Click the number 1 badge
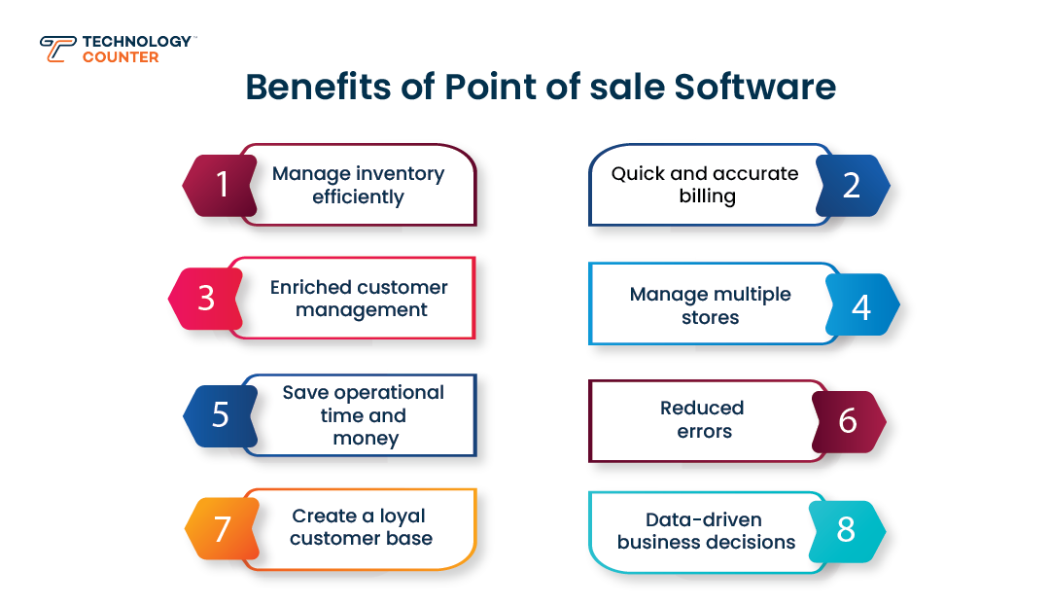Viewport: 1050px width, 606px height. point(221,185)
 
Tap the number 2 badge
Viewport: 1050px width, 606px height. point(852,185)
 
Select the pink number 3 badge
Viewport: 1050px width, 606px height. point(206,298)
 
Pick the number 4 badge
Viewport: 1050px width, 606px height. point(861,305)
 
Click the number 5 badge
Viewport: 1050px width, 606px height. point(221,415)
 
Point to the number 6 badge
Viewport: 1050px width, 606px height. point(848,421)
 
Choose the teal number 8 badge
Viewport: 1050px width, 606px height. point(847,530)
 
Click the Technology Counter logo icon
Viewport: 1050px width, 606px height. point(57,49)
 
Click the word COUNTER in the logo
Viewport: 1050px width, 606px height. point(121,57)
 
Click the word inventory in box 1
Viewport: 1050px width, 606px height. point(400,174)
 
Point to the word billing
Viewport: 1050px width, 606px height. point(707,196)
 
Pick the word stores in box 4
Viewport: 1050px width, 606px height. point(710,317)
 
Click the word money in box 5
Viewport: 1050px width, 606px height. point(366,439)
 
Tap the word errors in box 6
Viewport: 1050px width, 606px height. point(704,431)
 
